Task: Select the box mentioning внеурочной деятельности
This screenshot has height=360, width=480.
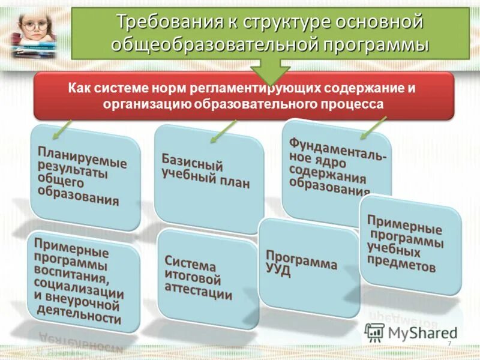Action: point(81,281)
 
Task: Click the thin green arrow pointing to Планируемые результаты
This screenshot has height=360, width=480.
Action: point(62,128)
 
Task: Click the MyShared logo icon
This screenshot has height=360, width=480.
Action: point(375,332)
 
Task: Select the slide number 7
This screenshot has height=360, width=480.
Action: point(449,343)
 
